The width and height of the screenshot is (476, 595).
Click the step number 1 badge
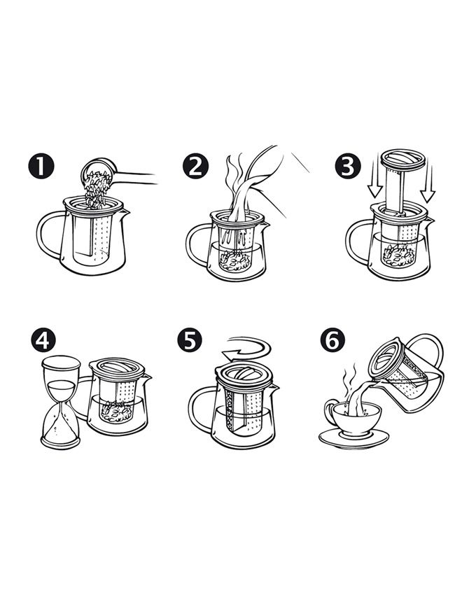pyautogui.click(x=41, y=166)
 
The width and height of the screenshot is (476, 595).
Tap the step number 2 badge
pyautogui.click(x=195, y=166)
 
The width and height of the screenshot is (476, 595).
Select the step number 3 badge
pyautogui.click(x=348, y=166)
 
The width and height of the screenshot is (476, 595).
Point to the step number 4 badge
pyautogui.click(x=43, y=339)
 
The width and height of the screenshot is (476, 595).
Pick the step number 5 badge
pyautogui.click(x=190, y=339)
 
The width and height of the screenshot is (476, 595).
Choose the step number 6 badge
pyautogui.click(x=332, y=339)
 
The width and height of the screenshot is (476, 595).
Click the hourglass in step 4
pyautogui.click(x=61, y=402)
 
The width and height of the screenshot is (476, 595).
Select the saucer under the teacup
pyautogui.click(x=353, y=439)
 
